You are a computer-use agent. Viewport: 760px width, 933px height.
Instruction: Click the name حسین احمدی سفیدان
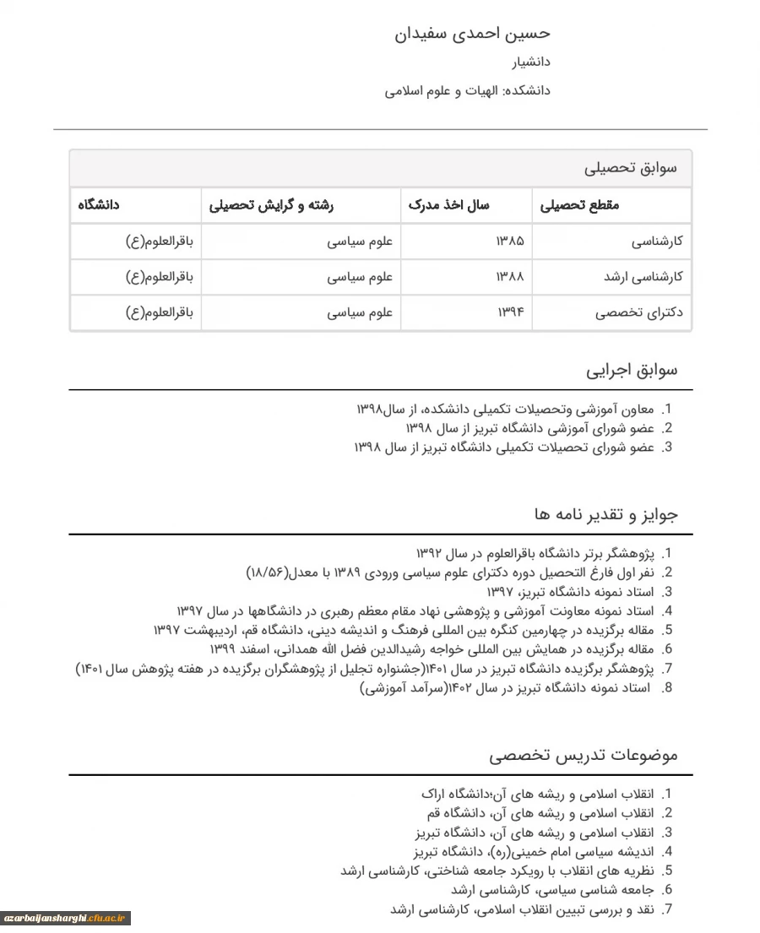[x=472, y=34]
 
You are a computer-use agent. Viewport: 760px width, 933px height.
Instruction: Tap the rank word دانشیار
[x=531, y=62]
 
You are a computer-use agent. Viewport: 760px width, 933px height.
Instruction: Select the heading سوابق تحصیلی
[x=631, y=168]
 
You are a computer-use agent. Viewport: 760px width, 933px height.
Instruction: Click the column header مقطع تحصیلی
[x=579, y=205]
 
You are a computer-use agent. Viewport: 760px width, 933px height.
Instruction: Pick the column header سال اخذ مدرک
[x=448, y=205]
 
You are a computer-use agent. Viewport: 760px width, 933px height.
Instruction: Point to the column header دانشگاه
[x=99, y=205]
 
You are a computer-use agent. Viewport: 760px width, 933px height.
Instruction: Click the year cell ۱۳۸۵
[x=510, y=241]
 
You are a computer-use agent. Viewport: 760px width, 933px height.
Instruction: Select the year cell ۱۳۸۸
[x=510, y=277]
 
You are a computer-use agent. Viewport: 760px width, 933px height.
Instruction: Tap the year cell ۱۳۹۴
[x=510, y=312]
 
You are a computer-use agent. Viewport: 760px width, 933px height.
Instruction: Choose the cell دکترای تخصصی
[x=639, y=312]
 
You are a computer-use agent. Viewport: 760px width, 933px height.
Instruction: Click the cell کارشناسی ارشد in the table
[x=643, y=277]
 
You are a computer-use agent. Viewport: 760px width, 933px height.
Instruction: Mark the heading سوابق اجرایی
[x=632, y=370]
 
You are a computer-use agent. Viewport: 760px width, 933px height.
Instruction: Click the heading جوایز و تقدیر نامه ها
[x=605, y=514]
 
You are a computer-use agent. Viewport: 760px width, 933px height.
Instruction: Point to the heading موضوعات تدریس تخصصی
[x=584, y=755]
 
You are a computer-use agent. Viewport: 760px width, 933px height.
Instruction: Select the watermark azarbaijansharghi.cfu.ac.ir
[x=66, y=919]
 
